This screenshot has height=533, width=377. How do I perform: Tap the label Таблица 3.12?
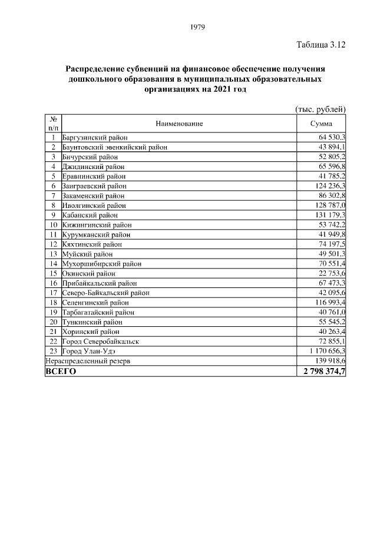(320, 44)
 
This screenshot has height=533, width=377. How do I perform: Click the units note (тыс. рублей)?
(320, 108)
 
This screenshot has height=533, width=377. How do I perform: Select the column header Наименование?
(180, 124)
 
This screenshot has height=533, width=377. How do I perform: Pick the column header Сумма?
(321, 124)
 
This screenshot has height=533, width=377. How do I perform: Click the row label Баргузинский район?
(94, 137)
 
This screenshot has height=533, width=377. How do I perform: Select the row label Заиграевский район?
(94, 186)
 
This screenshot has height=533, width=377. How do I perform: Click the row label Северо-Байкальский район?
(105, 293)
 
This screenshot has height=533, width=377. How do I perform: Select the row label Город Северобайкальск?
(100, 341)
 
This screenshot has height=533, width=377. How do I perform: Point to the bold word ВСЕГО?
(61, 372)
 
